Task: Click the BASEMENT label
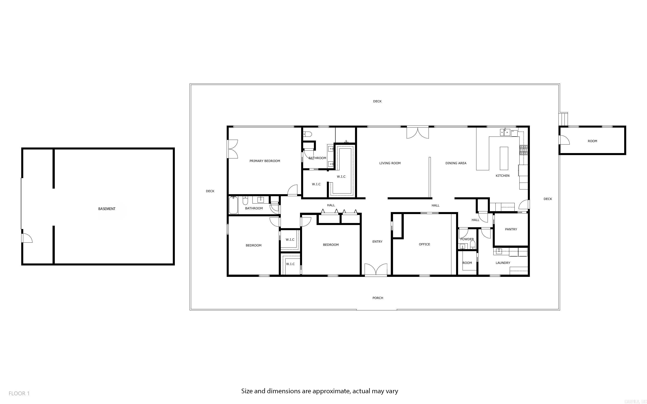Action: pyautogui.click(x=107, y=209)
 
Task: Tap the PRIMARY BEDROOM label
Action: pyautogui.click(x=264, y=161)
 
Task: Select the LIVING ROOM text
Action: pyautogui.click(x=390, y=163)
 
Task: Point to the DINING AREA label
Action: pyautogui.click(x=456, y=163)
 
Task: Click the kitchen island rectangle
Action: pyautogui.click(x=504, y=158)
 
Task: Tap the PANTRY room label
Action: pyautogui.click(x=511, y=229)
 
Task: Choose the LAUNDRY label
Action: pyautogui.click(x=503, y=263)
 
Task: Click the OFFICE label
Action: pyautogui.click(x=424, y=244)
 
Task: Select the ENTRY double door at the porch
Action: pyautogui.click(x=376, y=270)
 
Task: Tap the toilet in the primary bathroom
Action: pyautogui.click(x=308, y=134)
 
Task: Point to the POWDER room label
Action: pyautogui.click(x=467, y=239)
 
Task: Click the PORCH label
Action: pyautogui.click(x=378, y=298)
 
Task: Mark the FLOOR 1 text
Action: pyautogui.click(x=19, y=393)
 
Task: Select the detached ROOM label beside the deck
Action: pyautogui.click(x=592, y=141)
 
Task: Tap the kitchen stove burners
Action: pyautogui.click(x=523, y=150)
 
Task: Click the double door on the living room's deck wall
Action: pyautogui.click(x=417, y=133)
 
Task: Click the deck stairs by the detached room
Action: pyautogui.click(x=564, y=119)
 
